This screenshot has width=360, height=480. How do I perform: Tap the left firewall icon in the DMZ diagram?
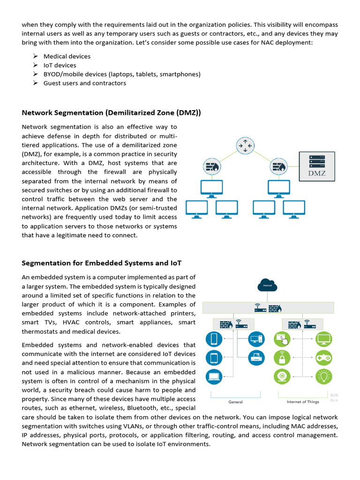coord(211,166)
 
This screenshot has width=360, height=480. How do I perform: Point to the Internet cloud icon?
coord(267,284)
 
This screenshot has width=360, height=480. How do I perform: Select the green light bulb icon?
coord(324,376)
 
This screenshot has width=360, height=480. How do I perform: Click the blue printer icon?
coord(256,357)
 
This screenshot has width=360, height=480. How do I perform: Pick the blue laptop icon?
coord(214,376)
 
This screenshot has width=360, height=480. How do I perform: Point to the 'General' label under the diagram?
coord(235,402)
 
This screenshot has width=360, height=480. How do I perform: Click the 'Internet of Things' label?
coord(303,402)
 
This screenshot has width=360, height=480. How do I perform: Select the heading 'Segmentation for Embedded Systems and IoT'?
coord(102,262)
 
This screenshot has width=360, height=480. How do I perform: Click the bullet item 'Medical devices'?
coord(67,56)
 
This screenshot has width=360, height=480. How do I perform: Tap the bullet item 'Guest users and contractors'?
coord(85,83)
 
